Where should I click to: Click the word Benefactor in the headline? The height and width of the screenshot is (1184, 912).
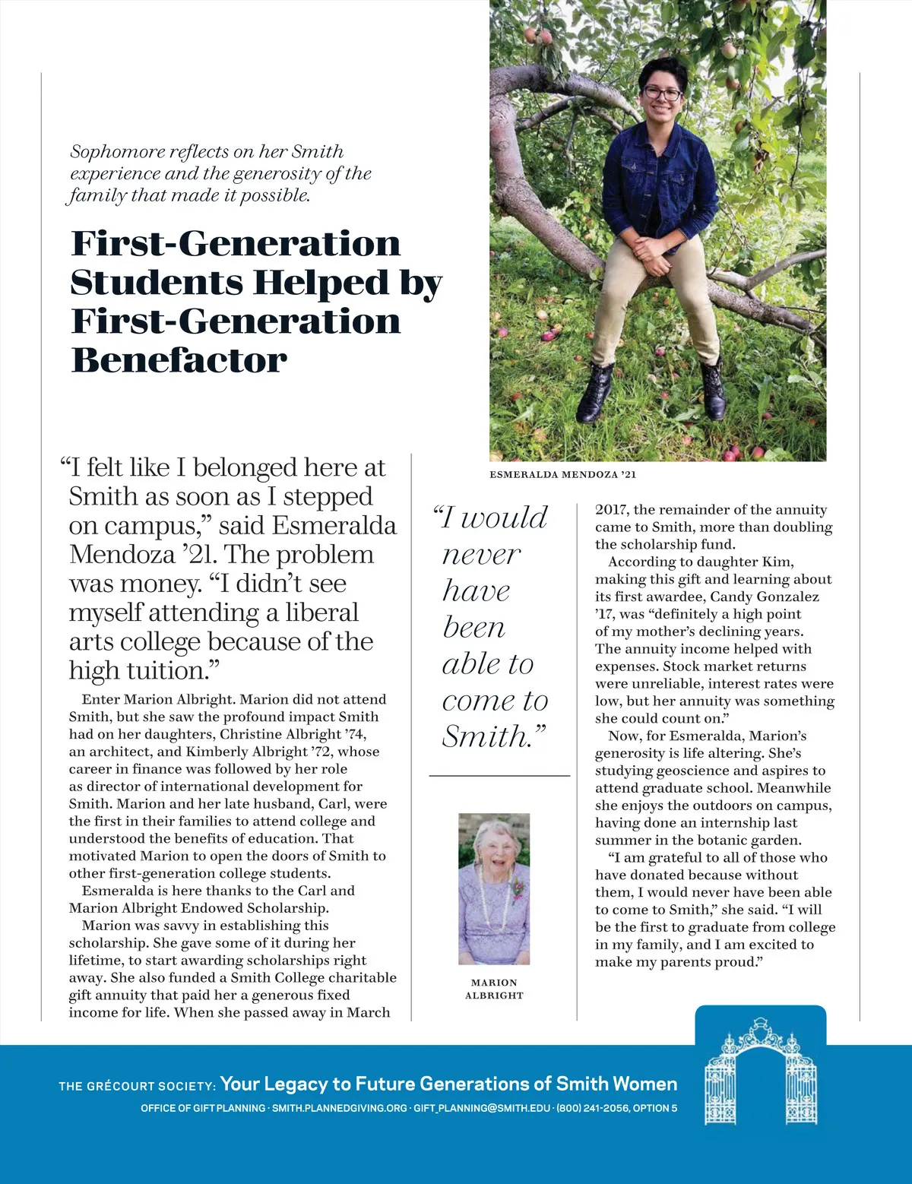click(179, 360)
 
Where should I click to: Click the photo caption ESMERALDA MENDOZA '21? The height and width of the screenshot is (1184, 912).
click(562, 474)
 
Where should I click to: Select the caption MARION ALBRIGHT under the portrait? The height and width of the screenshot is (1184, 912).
click(494, 989)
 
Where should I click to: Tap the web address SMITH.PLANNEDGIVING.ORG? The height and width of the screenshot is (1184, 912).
click(340, 1108)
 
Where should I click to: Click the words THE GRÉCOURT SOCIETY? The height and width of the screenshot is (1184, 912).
click(138, 1086)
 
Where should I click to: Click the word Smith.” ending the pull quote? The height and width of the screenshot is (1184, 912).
click(494, 736)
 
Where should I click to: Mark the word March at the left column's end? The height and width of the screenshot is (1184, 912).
click(369, 1012)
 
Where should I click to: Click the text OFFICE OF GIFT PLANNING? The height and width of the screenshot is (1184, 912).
click(203, 1108)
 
